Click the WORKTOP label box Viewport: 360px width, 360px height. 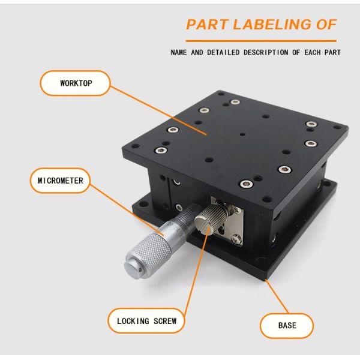[76, 83]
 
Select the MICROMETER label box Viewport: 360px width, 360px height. [60, 180]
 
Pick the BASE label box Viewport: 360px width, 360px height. [287, 325]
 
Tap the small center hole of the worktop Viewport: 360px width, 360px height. [240, 134]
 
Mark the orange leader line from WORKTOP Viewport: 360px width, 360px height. [159, 109]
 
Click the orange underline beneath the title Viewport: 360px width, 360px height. [260, 40]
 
